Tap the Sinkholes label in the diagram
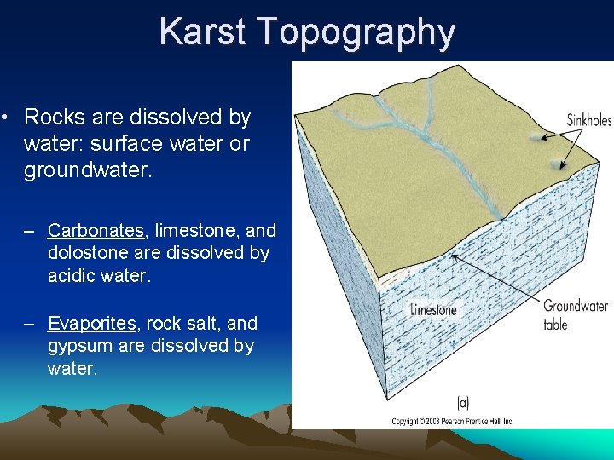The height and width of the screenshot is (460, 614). coord(589,121)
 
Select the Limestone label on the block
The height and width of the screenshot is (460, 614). coord(433,310)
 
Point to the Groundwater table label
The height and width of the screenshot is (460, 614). coord(576,314)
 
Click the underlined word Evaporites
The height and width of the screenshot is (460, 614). coord(92,324)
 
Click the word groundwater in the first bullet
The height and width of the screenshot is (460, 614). coord(87,170)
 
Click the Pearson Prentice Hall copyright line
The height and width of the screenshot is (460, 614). coord(452,421)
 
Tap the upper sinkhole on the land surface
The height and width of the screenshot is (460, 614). coord(536,136)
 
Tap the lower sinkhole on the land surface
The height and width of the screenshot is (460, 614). coord(556,165)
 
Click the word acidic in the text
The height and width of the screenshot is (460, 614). coord(72,276)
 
